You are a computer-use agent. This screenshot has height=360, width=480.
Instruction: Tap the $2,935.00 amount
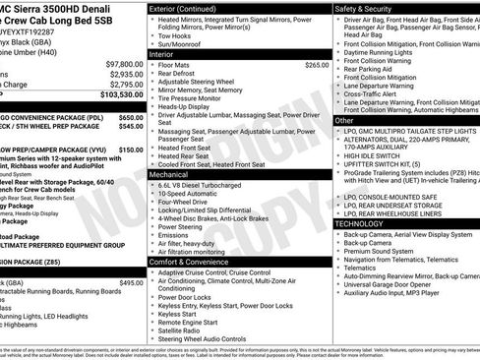point(126,74)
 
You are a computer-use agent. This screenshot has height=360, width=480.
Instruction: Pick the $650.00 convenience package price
point(131,116)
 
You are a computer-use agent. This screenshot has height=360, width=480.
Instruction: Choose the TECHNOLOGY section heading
point(366,223)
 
